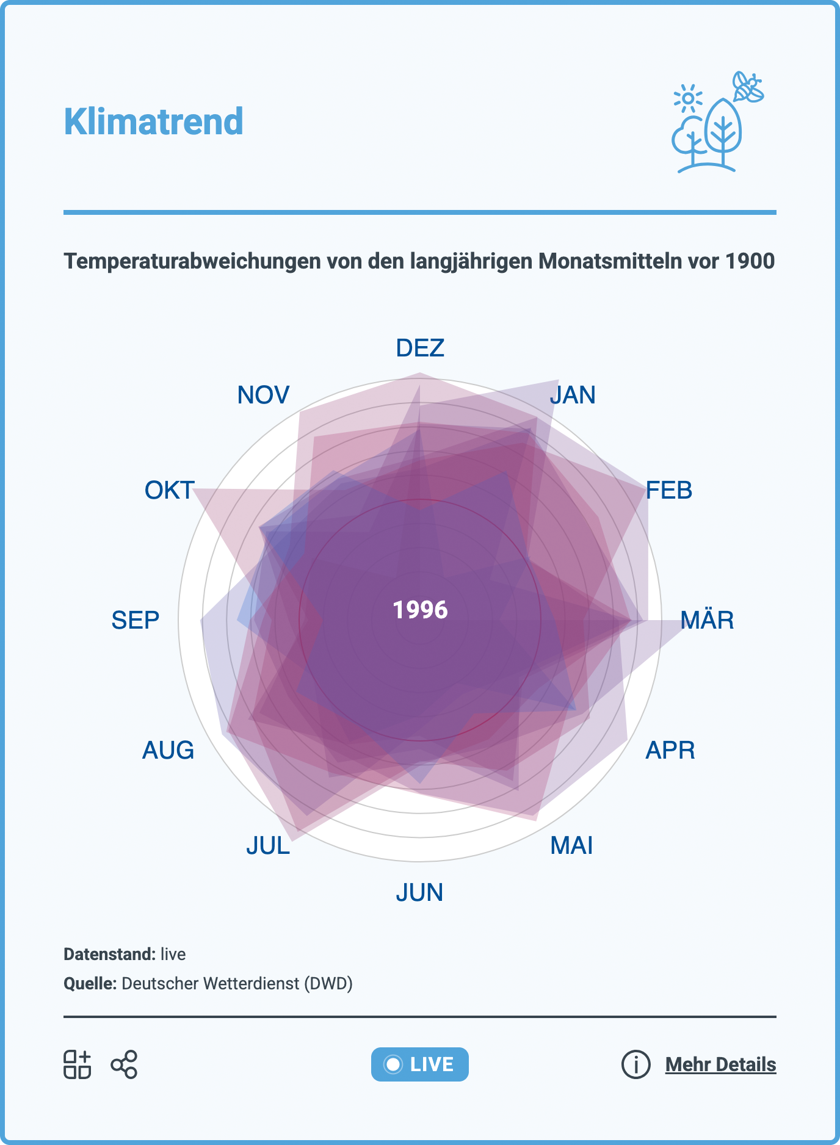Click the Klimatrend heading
click(x=154, y=121)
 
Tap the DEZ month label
click(x=420, y=348)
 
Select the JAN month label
click(x=572, y=396)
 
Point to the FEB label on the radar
click(x=669, y=491)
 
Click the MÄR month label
click(x=707, y=620)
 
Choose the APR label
click(x=670, y=750)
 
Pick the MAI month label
click(x=571, y=846)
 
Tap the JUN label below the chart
click(x=419, y=893)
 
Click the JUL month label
click(x=268, y=846)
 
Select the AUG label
click(x=168, y=750)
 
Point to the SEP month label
click(x=135, y=620)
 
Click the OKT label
click(x=169, y=491)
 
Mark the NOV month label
click(x=263, y=396)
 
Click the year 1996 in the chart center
click(x=420, y=610)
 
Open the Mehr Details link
click(x=720, y=1064)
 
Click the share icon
click(x=124, y=1064)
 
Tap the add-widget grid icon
click(x=78, y=1064)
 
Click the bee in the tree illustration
click(x=748, y=87)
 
